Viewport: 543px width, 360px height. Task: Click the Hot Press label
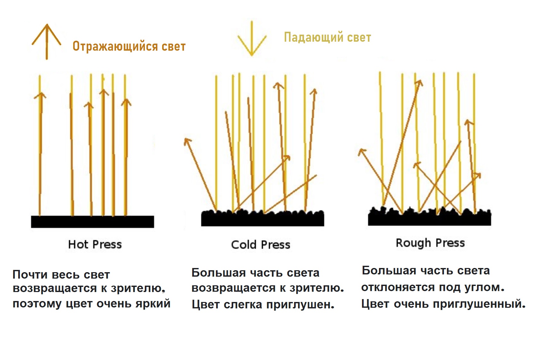[95, 245]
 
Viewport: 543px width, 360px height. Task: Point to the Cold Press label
[260, 245]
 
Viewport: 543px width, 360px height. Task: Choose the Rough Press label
[430, 243]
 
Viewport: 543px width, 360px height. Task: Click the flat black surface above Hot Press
[92, 222]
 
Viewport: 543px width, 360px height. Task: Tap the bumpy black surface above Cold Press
[262, 219]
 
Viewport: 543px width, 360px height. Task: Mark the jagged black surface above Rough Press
[429, 218]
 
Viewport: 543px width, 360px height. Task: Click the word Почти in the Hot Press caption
[30, 275]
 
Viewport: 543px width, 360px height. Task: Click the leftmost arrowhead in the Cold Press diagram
[187, 141]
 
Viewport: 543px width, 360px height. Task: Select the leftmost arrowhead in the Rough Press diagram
[361, 152]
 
